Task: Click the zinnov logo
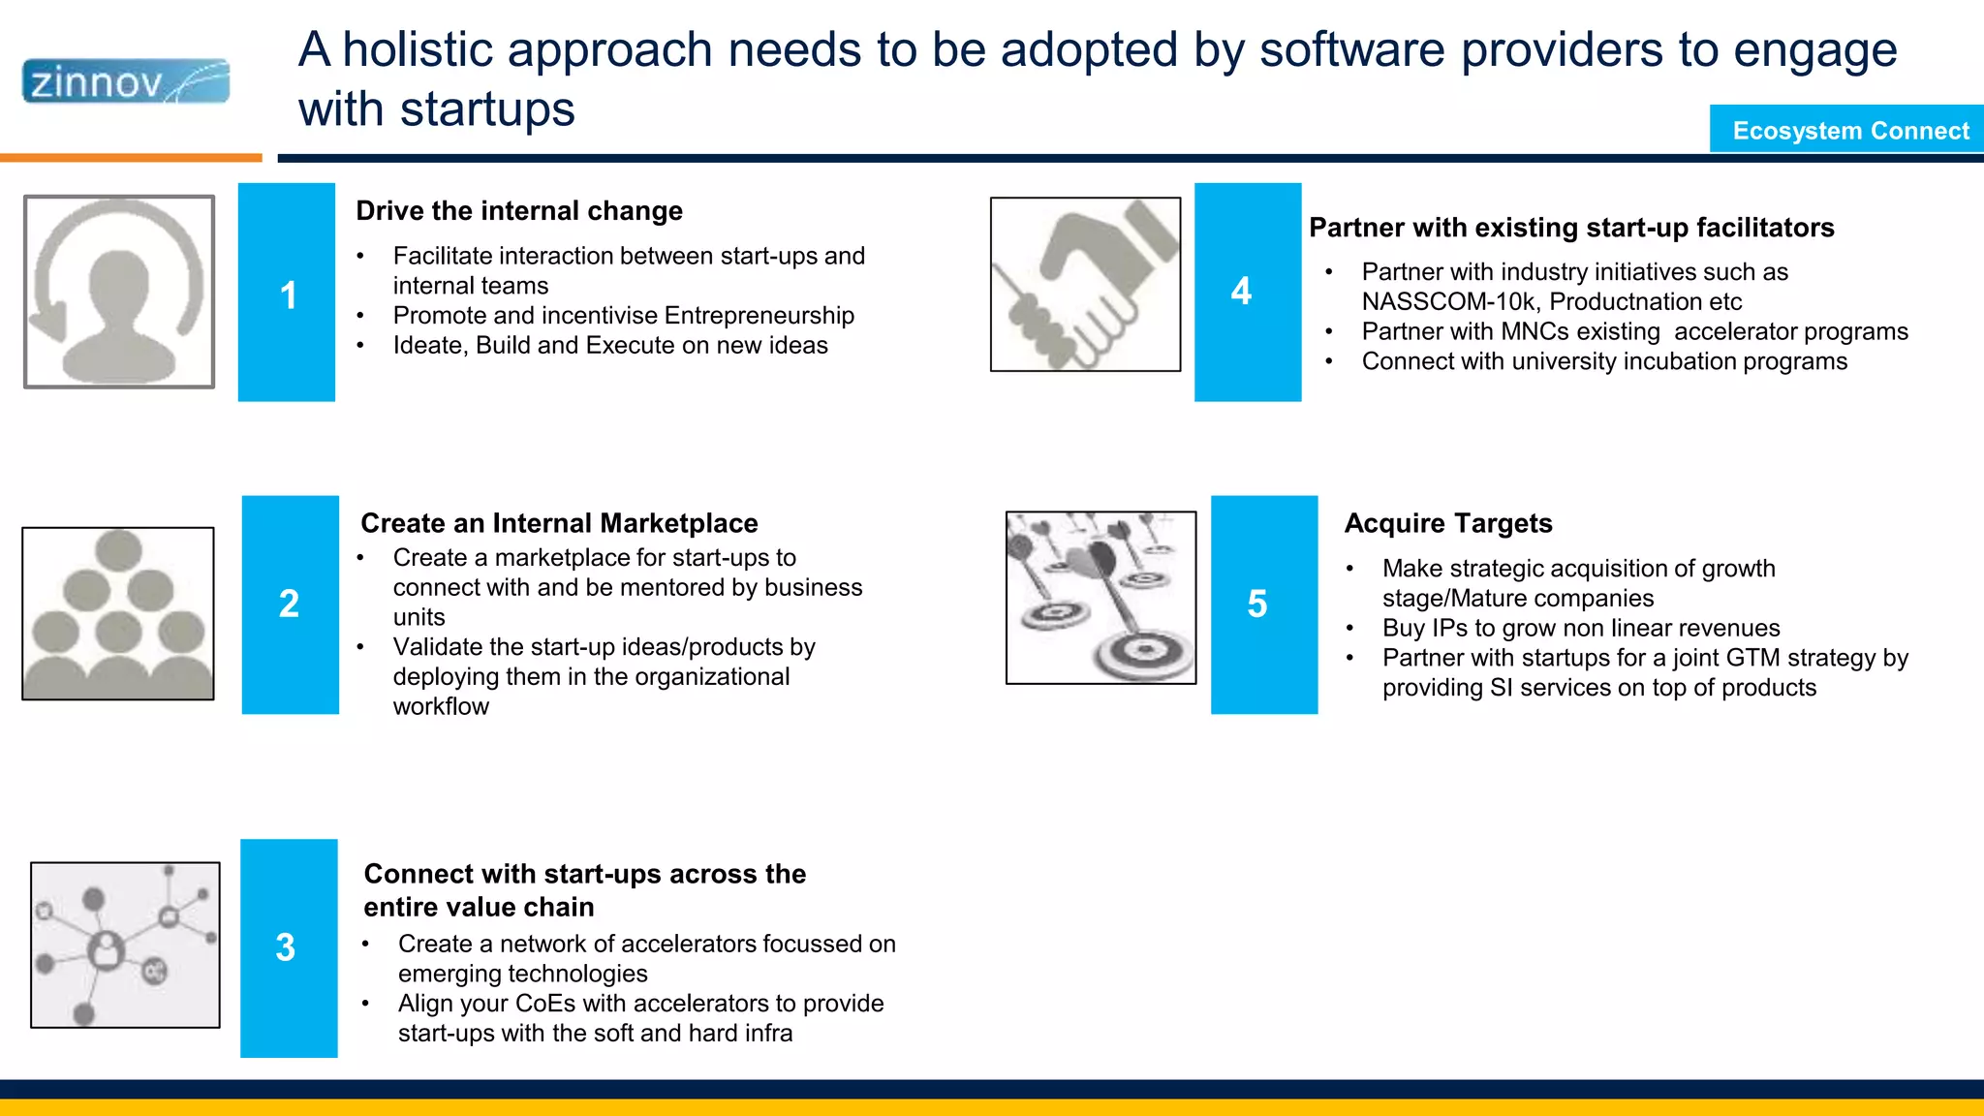click(x=126, y=81)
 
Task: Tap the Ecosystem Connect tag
click(x=1848, y=130)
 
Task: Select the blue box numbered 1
click(x=287, y=293)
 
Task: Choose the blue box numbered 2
click(x=290, y=604)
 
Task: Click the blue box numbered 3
click(x=288, y=948)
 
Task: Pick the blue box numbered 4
click(x=1247, y=292)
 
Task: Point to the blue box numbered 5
click(x=1263, y=604)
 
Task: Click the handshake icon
click(x=1085, y=284)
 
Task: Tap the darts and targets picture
click(x=1100, y=598)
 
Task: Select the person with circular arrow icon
click(x=119, y=292)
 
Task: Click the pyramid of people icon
click(x=118, y=613)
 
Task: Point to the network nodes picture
click(x=125, y=945)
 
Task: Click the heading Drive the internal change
click(x=518, y=211)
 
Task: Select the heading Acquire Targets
click(x=1447, y=523)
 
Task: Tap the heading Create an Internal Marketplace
click(x=559, y=523)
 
